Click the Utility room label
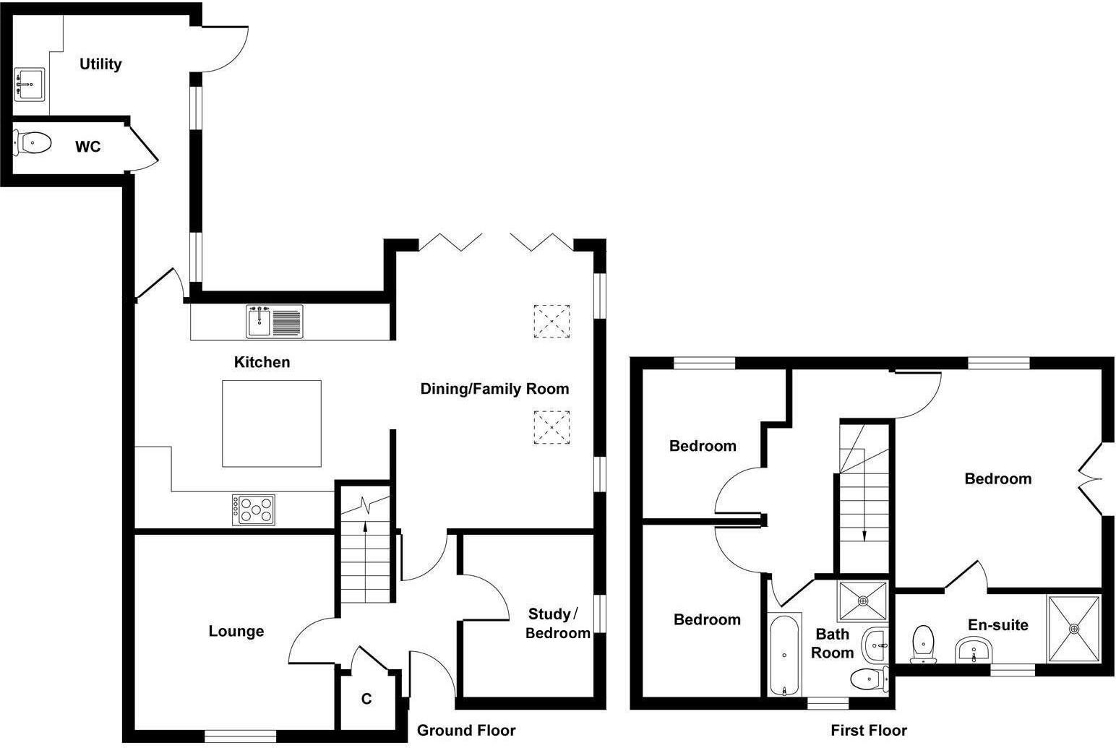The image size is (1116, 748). click(x=100, y=64)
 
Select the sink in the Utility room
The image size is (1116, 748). click(x=30, y=84)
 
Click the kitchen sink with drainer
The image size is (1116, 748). click(x=275, y=322)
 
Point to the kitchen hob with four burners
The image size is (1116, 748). click(x=254, y=509)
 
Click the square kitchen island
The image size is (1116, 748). click(x=271, y=424)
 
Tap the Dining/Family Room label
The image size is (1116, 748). click(x=494, y=389)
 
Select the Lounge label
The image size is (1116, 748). click(x=236, y=631)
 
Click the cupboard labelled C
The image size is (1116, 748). click(x=366, y=699)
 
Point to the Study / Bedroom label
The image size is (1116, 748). click(x=557, y=623)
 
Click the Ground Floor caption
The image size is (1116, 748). click(x=466, y=730)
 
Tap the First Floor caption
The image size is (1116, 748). click(x=868, y=730)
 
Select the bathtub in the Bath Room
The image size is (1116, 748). click(x=784, y=654)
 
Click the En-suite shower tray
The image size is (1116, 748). click(x=1074, y=628)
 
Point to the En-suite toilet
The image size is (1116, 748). click(x=922, y=643)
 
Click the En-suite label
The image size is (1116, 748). click(x=997, y=624)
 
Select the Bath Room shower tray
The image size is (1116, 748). click(x=862, y=601)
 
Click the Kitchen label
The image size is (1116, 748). click(x=262, y=362)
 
